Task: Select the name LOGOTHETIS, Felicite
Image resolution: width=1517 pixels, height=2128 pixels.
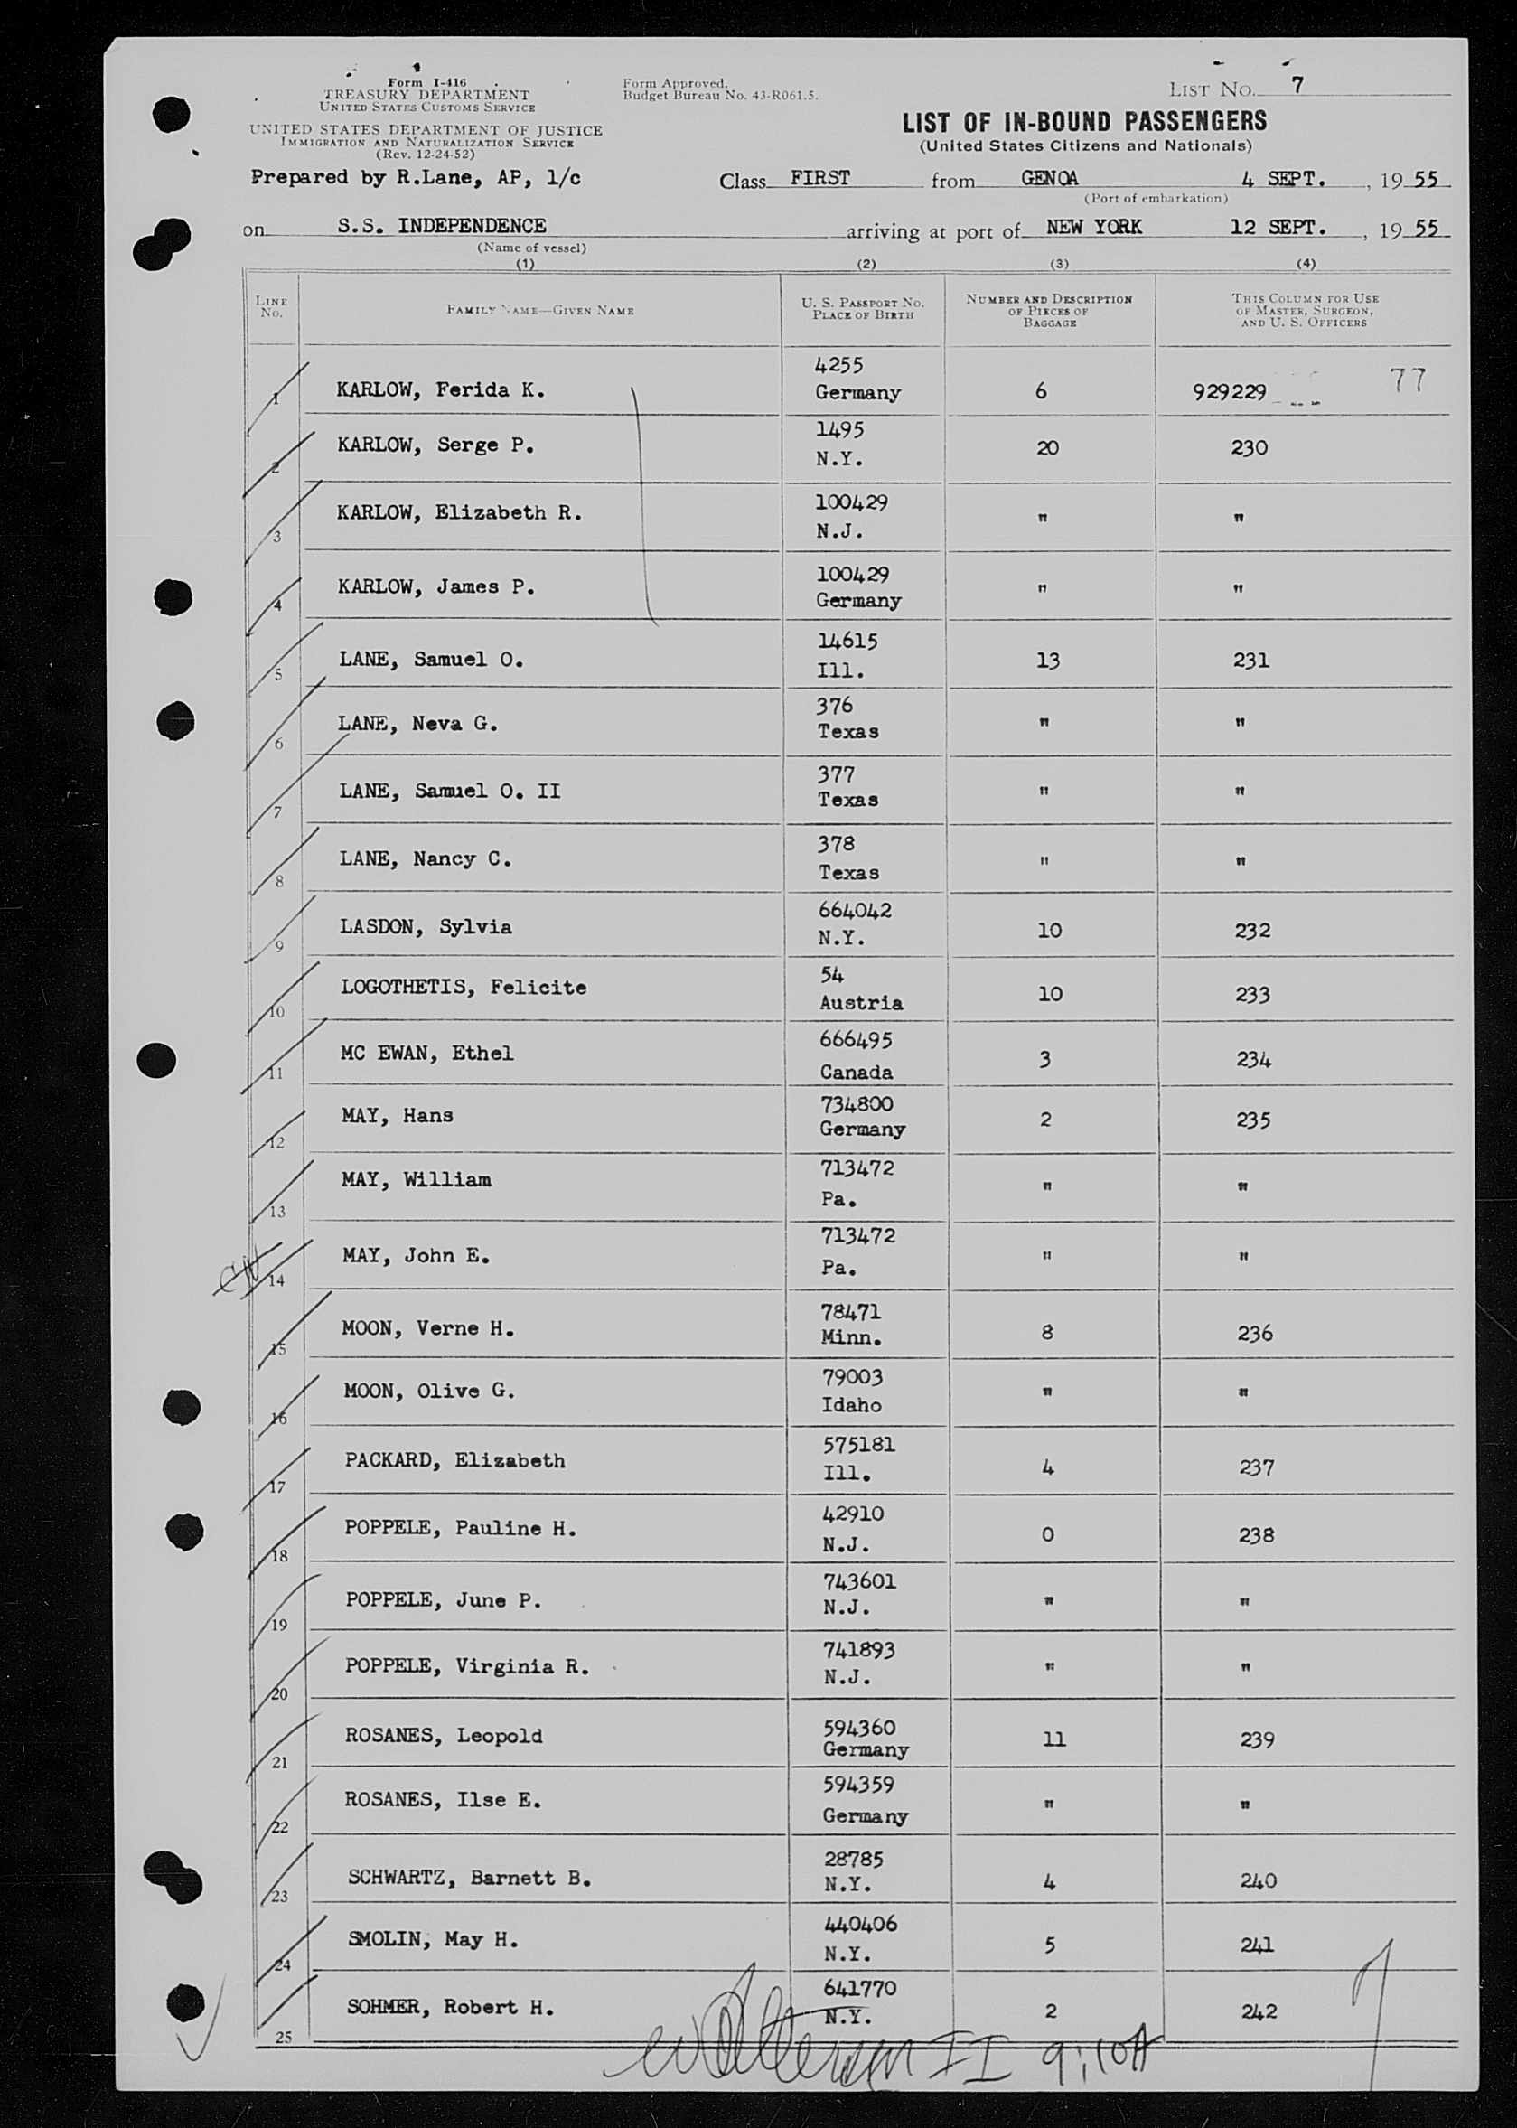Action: (x=464, y=988)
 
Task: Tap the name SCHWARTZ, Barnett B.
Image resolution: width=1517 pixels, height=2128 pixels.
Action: (x=469, y=1878)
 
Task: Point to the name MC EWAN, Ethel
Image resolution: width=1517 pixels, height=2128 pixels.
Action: (x=426, y=1053)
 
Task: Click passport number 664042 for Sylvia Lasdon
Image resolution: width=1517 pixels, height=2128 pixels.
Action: (x=853, y=909)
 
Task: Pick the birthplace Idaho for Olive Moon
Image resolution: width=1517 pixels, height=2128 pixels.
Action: (x=850, y=1405)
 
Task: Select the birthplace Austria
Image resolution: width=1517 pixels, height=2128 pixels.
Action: (x=860, y=1002)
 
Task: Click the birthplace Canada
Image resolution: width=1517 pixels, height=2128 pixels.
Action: (x=856, y=1072)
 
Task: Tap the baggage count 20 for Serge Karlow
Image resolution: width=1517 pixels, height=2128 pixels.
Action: (x=1047, y=447)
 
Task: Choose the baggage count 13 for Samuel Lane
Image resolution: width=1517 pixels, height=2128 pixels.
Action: (x=1048, y=661)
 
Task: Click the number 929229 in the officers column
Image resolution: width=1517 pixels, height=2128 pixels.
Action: (x=1230, y=392)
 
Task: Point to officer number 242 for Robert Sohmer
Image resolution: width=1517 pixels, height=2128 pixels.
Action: (x=1259, y=2011)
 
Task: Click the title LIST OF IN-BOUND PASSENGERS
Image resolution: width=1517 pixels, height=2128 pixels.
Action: (x=1083, y=121)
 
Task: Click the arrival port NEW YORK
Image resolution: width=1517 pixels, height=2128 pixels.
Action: (x=1093, y=227)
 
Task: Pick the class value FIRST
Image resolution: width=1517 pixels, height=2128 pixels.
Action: (x=819, y=177)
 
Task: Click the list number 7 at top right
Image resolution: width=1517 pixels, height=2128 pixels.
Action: (x=1297, y=85)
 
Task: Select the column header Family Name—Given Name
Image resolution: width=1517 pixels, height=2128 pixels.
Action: (x=540, y=310)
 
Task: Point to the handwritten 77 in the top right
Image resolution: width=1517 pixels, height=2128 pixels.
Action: (x=1407, y=380)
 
